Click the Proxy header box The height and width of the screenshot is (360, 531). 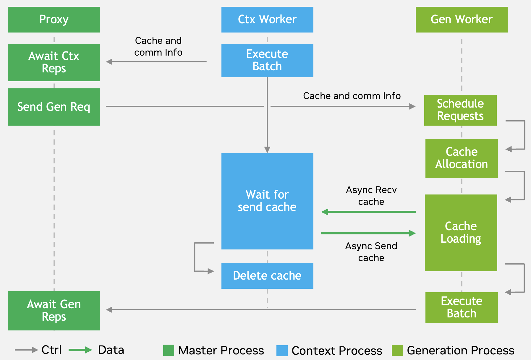tap(54, 20)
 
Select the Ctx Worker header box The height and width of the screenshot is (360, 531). tap(267, 20)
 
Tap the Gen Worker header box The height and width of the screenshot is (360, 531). tap(462, 20)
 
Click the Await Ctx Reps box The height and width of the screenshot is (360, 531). tap(54, 62)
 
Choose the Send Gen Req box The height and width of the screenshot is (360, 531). tap(54, 107)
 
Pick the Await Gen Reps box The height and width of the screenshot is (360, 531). tap(54, 310)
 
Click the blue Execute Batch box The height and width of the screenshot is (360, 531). tap(267, 60)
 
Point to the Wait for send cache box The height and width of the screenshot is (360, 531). tap(267, 201)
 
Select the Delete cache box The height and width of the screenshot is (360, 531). tap(267, 275)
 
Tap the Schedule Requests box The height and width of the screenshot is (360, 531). tap(460, 110)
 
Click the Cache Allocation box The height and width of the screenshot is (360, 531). tap(462, 158)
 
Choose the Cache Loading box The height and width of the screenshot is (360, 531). tap(461, 233)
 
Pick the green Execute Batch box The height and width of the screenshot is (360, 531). tap(462, 307)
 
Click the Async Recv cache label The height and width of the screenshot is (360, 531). tap(371, 196)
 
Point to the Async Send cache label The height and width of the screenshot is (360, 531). tap(371, 252)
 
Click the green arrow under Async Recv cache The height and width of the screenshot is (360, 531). tap(368, 212)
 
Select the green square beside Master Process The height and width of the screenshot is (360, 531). tap(169, 350)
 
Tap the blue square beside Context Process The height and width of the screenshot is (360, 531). tap(282, 351)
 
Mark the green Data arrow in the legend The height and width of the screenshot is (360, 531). tap(80, 350)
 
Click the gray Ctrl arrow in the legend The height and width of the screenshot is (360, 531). tap(26, 350)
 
